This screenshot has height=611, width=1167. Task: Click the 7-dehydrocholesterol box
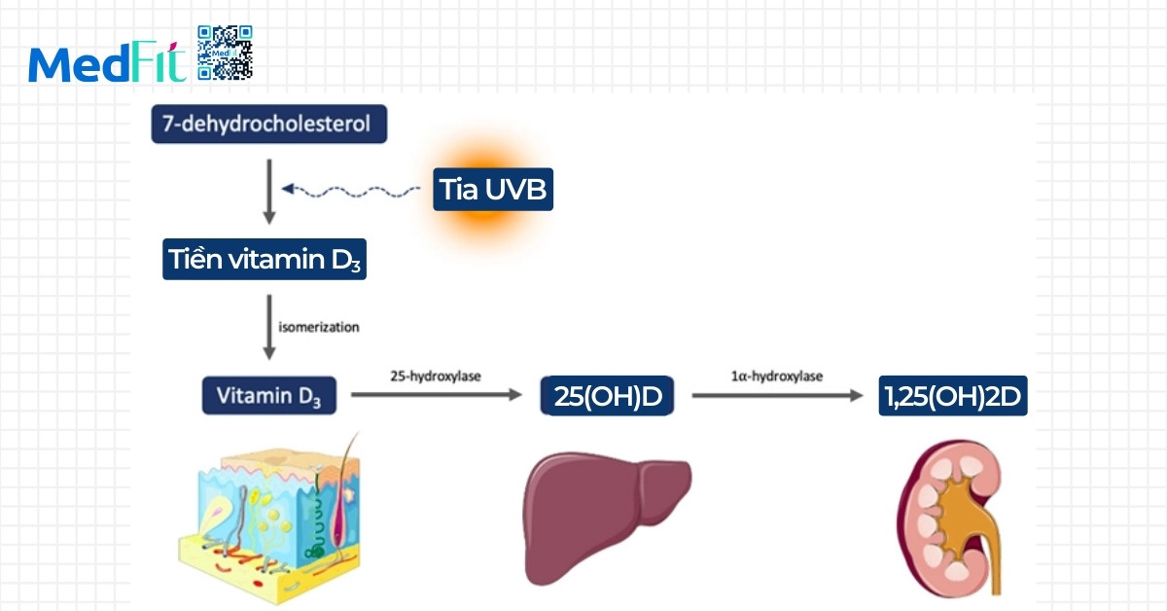point(268,126)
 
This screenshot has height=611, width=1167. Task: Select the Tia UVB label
point(493,189)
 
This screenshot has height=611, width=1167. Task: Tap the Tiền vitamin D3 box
point(264,260)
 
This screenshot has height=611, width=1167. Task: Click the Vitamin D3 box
point(269,396)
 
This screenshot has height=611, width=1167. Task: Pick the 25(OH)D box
point(607,397)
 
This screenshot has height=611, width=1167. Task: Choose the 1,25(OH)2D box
point(952,396)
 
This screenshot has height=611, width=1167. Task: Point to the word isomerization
point(319,327)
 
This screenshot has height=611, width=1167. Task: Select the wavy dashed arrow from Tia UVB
point(350,190)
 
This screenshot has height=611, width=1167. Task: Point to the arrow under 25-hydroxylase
point(436,396)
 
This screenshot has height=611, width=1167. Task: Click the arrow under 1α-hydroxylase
point(776,396)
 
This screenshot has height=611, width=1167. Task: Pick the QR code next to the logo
point(225,53)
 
